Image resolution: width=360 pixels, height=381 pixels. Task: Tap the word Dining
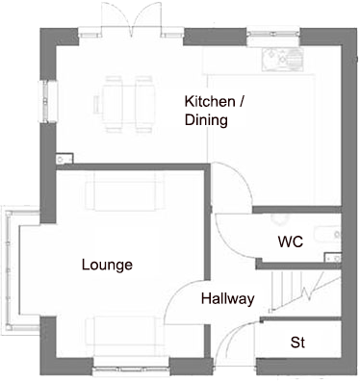pyautogui.click(x=206, y=120)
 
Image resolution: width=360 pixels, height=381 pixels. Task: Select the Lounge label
pyautogui.click(x=107, y=265)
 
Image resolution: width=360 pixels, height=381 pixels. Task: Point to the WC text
pyautogui.click(x=290, y=241)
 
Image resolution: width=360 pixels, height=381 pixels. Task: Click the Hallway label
pyautogui.click(x=227, y=299)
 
